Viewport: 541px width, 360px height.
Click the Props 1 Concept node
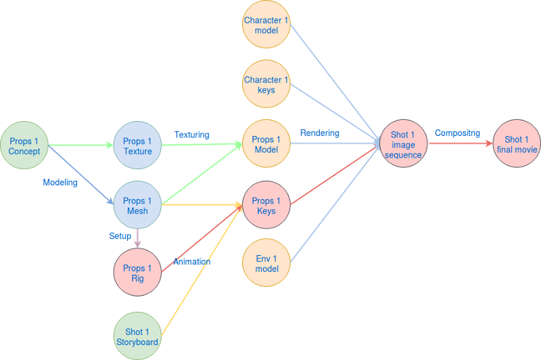(24, 145)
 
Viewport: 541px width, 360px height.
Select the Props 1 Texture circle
(137, 145)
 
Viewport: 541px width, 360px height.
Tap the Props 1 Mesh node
(137, 206)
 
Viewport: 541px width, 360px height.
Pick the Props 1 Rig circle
(137, 273)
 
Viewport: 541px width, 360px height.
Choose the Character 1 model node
(266, 25)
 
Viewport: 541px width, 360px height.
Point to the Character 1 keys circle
(266, 85)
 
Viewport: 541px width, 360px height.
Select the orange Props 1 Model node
(266, 144)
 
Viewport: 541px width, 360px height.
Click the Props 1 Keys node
(266, 206)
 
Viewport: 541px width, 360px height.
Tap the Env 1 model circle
(266, 263)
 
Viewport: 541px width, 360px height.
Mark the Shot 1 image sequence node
(403, 145)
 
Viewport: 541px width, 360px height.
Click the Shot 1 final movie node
(517, 144)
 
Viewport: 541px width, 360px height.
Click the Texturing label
(192, 135)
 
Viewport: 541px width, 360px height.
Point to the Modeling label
(60, 182)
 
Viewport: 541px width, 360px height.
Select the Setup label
(120, 236)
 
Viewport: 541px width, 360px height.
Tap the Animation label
(192, 262)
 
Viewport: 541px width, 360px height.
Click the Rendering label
(319, 133)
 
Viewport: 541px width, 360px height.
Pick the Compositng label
(457, 133)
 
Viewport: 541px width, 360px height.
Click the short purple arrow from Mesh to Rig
(137, 238)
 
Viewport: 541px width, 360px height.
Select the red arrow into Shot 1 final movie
(460, 144)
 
